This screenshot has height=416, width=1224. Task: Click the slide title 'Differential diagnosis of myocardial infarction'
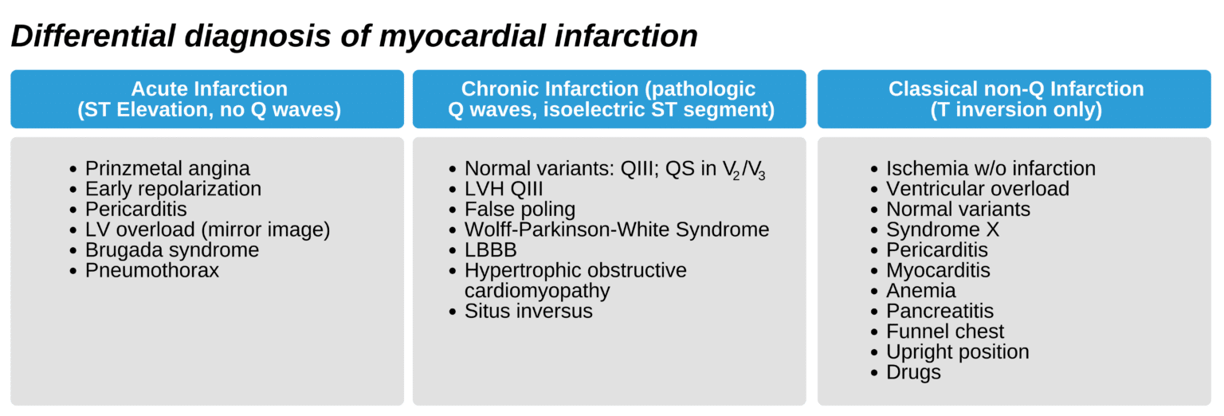[354, 36]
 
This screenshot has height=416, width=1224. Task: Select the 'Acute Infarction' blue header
[209, 99]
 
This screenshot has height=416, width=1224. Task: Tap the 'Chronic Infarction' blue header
[609, 99]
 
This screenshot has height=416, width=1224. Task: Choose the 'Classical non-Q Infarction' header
[1016, 99]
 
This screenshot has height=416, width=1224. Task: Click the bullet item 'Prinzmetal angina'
[167, 169]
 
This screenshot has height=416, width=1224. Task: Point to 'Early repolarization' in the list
[173, 189]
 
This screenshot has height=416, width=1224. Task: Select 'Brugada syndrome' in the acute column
[172, 250]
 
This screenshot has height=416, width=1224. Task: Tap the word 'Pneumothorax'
[152, 270]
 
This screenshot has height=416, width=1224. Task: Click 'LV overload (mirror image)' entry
[207, 230]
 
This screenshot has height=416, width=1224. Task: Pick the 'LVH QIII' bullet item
[504, 189]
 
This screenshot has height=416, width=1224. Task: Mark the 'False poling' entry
[520, 210]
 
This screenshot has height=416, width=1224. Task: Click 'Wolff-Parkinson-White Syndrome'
[617, 230]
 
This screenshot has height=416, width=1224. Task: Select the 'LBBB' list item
[491, 250]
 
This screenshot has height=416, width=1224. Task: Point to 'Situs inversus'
[528, 311]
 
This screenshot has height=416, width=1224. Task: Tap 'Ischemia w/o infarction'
[991, 169]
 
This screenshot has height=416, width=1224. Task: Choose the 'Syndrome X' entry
[943, 230]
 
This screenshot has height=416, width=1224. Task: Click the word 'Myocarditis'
[938, 270]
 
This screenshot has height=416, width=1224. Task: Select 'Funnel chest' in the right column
[945, 332]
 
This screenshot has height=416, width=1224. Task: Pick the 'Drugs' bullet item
[913, 372]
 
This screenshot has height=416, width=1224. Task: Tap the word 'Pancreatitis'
[940, 311]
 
